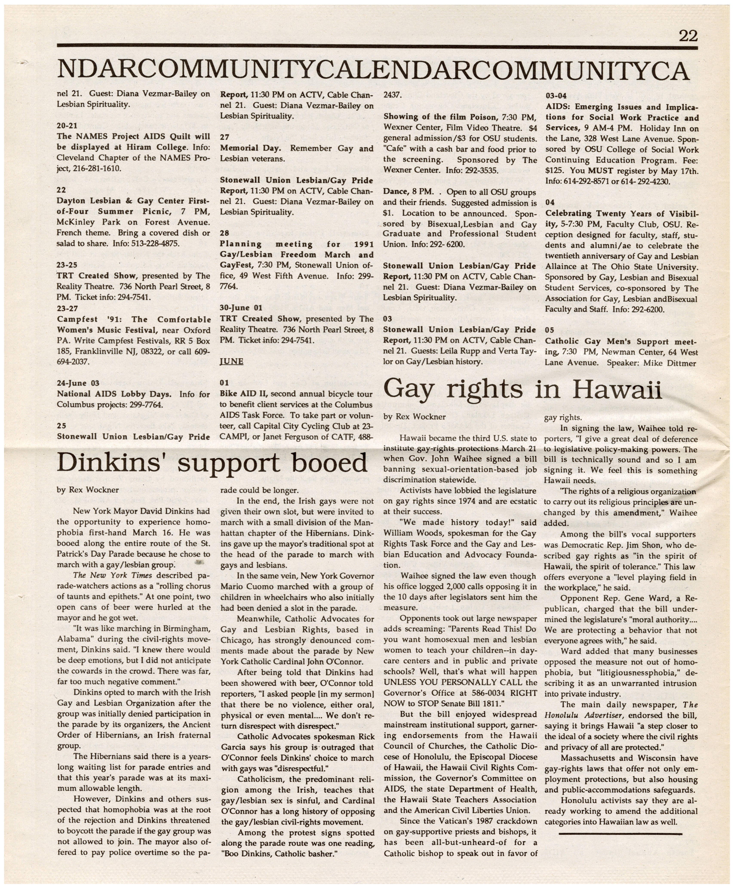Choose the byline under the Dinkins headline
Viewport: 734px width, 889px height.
click(88, 490)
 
